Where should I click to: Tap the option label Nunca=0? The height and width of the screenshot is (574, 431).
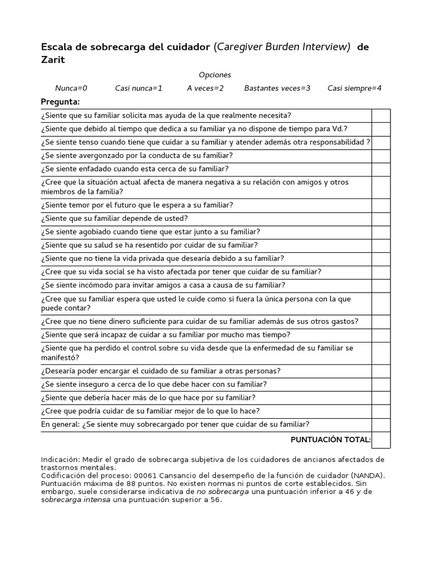pos(71,88)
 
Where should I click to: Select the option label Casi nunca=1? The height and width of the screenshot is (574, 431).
pos(139,88)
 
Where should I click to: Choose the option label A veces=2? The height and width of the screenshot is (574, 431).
pos(205,88)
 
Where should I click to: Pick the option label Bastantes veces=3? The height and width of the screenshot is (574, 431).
pos(277,88)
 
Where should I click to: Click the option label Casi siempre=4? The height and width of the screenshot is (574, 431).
pos(355,88)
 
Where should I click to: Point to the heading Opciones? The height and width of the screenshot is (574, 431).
pos(215,75)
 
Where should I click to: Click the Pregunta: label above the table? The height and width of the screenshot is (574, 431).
pos(61,101)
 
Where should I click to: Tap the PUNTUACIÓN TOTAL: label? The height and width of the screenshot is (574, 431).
pos(331,439)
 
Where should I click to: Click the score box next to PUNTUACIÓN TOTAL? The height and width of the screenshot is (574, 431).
pos(381,440)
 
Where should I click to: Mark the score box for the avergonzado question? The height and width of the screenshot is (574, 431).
pos(381,156)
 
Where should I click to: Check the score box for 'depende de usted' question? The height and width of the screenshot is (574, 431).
pos(381,219)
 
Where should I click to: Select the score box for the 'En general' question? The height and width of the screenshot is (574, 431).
pos(381,424)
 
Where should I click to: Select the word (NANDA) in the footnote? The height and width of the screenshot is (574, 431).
pos(367,475)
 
